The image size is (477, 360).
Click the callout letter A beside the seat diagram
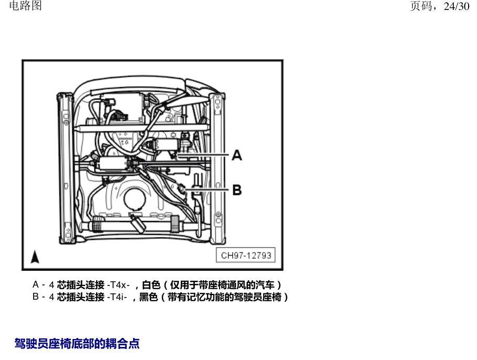coord(237,155)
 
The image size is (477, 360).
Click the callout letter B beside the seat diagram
coord(237,190)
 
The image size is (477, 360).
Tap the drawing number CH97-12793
coord(246,255)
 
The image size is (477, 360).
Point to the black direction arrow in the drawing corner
coord(35,257)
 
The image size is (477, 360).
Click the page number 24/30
coord(457,6)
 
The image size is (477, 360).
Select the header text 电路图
coord(26,5)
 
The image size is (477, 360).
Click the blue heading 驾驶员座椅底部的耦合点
coord(77,344)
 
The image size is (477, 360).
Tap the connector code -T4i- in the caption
coord(117,297)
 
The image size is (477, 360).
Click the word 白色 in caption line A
coord(151,285)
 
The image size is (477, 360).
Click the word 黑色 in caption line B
coord(148,297)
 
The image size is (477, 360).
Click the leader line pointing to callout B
coord(207,190)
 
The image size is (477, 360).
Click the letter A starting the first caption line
coord(36,284)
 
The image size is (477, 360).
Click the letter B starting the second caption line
coord(36,296)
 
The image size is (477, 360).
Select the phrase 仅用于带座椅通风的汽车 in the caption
coord(222,285)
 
